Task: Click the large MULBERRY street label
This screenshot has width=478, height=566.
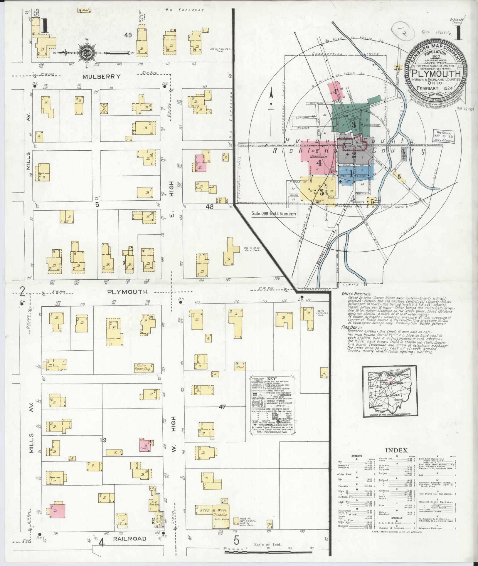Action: (101, 76)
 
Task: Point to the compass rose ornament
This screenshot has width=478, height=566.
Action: (90, 53)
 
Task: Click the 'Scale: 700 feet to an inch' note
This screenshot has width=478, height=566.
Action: (274, 214)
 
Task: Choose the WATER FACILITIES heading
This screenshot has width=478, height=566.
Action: (356, 294)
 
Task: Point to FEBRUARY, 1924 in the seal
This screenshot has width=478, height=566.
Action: (432, 88)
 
